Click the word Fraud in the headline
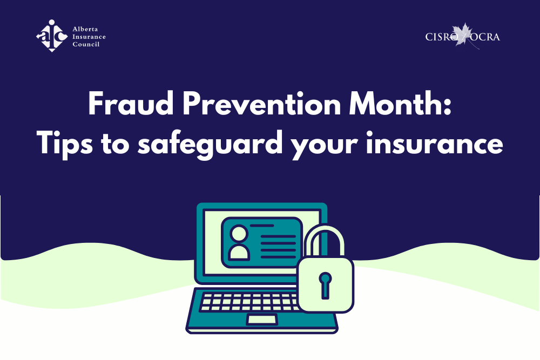coord(131,104)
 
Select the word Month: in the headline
coord(400,104)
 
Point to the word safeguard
coord(210,144)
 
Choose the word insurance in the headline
coord(435,143)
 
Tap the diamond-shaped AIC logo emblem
coord(52,36)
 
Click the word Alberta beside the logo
coord(85,29)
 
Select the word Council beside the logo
coord(86,44)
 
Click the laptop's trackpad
coord(262,320)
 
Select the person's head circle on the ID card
coord(239,234)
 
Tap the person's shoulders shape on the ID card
coord(239,252)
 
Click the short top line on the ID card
coord(262,226)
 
